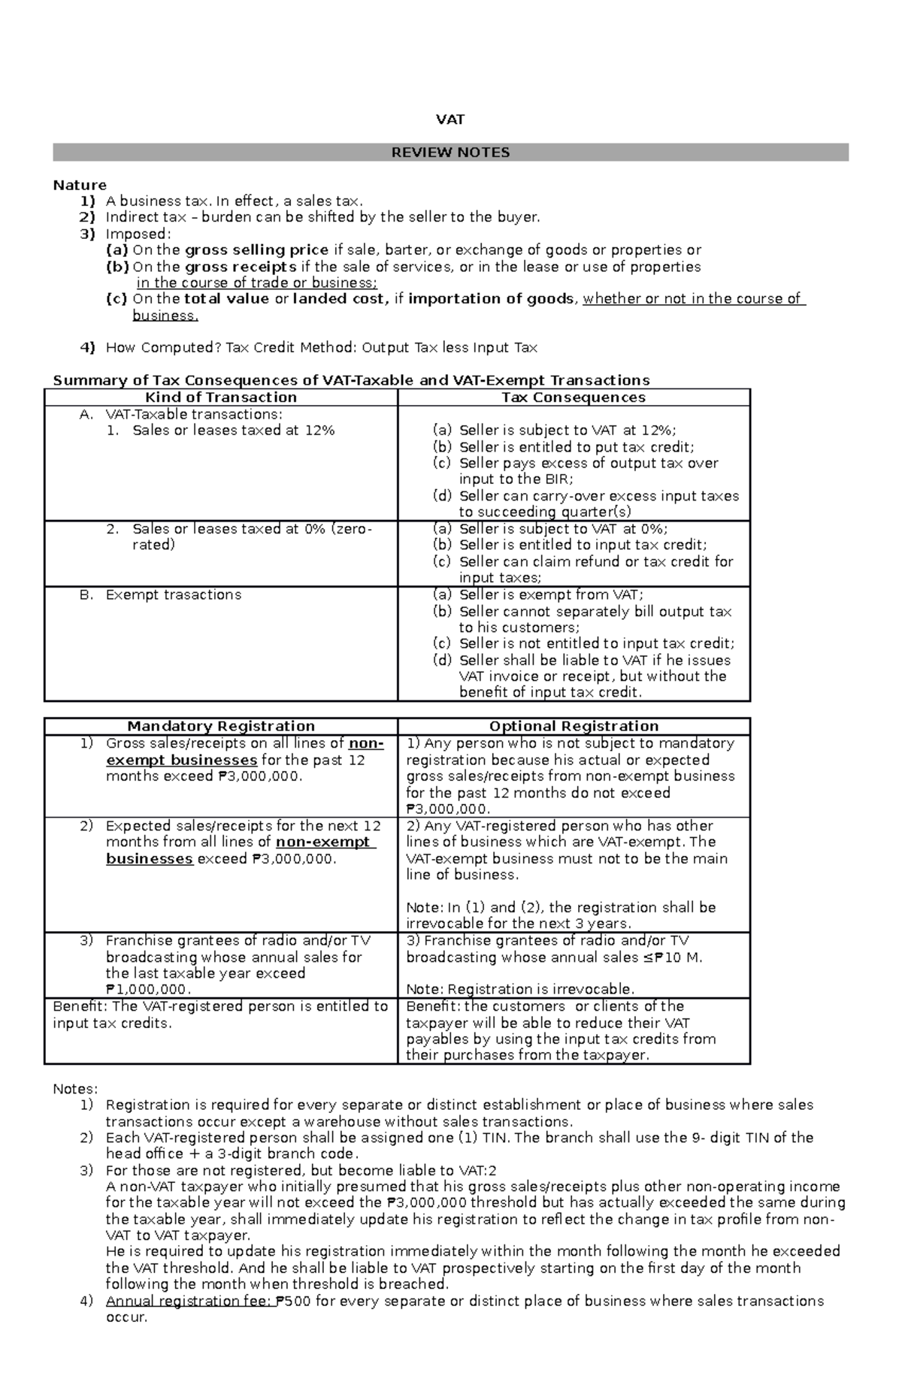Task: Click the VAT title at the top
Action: click(450, 119)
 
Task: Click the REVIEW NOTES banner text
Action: click(450, 153)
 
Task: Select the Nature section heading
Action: click(80, 185)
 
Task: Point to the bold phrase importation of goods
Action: click(490, 298)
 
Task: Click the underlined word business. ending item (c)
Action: click(165, 316)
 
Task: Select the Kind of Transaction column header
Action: click(221, 398)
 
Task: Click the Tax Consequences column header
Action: click(574, 398)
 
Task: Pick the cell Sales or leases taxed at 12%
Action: click(233, 431)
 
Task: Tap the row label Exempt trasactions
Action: click(174, 594)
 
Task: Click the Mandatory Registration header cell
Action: click(221, 726)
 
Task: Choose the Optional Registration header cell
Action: click(574, 726)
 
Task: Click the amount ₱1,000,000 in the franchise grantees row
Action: click(147, 990)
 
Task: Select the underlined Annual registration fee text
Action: click(189, 1301)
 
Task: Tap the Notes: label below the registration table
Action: click(75, 1089)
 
